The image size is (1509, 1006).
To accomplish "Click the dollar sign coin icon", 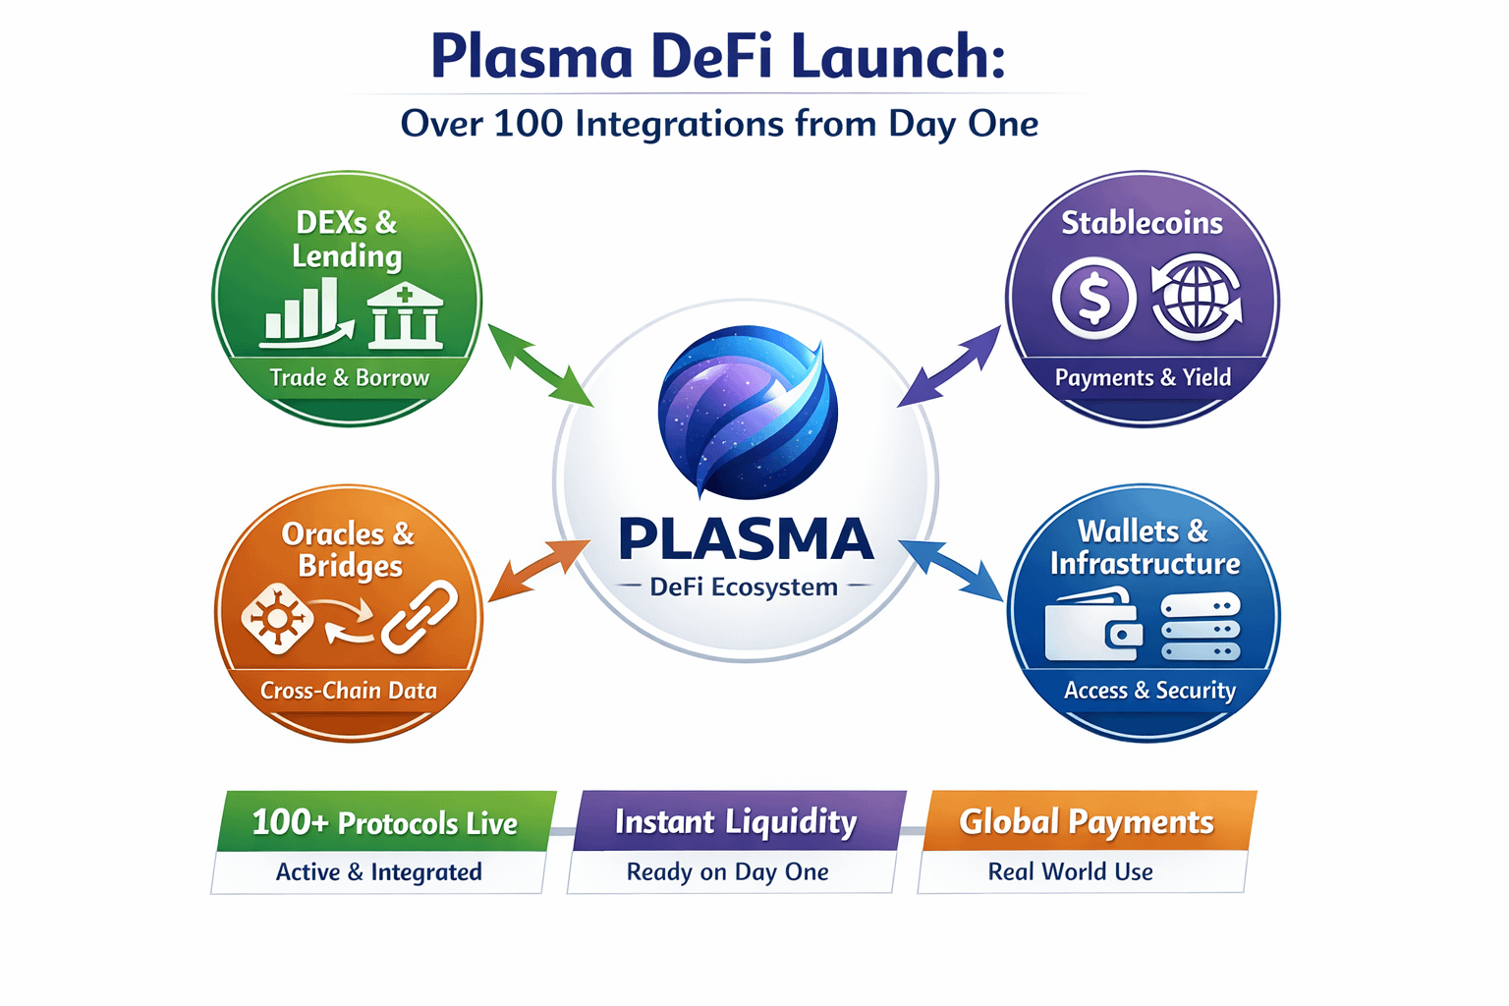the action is (x=1093, y=298).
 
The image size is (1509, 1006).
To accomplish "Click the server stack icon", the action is (x=1200, y=626).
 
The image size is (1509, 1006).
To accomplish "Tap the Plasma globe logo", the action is (x=747, y=413).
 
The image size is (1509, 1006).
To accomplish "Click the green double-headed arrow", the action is (x=540, y=364).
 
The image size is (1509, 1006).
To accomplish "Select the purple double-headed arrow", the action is (x=949, y=366).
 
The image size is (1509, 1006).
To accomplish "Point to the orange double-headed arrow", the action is (x=539, y=570).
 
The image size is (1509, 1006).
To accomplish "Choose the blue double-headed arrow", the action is (x=950, y=570).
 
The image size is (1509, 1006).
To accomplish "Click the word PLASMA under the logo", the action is (x=746, y=539).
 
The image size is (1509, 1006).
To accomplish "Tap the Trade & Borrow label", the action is (x=349, y=378).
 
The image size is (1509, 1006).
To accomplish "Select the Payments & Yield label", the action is (x=1143, y=378).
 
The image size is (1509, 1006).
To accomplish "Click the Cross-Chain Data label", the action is (x=349, y=691).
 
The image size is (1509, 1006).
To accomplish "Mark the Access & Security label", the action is (x=1149, y=691).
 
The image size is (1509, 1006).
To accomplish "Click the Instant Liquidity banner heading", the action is (x=736, y=821).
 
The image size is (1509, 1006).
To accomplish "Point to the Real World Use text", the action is (x=1070, y=871).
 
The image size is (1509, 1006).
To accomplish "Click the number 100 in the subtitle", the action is (x=528, y=124).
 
